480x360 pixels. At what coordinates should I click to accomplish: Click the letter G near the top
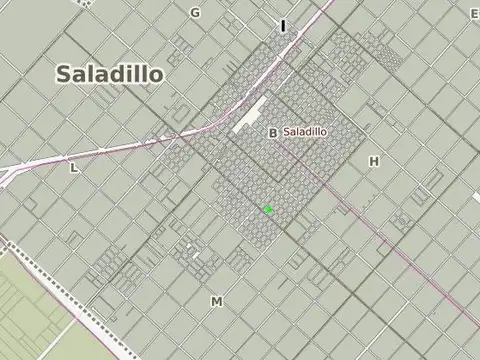coord(195,12)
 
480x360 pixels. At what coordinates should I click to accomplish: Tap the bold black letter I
coord(283,26)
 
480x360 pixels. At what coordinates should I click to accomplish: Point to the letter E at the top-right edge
coord(474,13)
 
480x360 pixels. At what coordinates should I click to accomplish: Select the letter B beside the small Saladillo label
coord(273,132)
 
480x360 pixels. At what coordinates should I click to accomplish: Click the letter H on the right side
coord(374,160)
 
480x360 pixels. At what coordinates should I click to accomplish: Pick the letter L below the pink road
coord(73,168)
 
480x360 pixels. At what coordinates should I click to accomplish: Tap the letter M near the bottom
coord(216,300)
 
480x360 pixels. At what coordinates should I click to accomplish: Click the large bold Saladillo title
coord(110,74)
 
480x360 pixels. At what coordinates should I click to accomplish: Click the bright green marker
coord(268,209)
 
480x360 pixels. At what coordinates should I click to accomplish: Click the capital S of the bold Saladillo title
coord(63,74)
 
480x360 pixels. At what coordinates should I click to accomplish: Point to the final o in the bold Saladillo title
coord(157,75)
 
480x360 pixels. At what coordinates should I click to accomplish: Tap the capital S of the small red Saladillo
coord(287,131)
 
